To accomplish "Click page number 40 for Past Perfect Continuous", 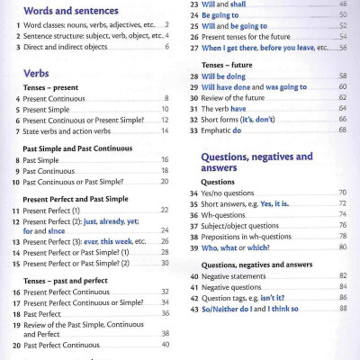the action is (166, 344).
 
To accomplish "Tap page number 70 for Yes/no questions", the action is (342, 193).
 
